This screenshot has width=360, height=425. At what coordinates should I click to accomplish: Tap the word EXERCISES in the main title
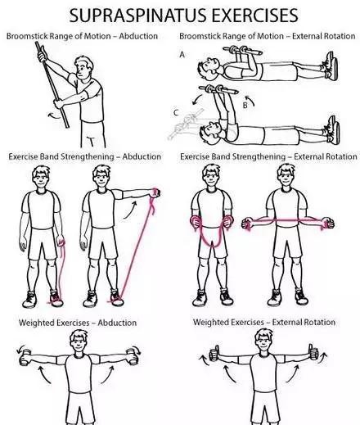255,16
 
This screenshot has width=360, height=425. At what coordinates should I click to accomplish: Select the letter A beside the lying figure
182,55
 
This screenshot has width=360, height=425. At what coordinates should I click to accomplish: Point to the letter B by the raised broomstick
245,106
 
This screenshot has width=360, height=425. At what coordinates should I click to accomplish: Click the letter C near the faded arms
177,113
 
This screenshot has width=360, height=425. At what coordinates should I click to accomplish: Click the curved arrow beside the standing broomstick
54,115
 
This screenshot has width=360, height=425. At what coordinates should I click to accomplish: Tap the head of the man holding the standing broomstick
83,67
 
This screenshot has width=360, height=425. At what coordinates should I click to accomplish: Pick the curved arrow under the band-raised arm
130,210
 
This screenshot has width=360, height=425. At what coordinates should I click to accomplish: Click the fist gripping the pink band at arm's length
155,192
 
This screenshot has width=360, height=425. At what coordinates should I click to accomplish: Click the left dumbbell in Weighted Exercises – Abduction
25,357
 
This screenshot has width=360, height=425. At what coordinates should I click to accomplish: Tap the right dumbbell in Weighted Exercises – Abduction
133,356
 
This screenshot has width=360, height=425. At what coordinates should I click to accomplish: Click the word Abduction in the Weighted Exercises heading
117,323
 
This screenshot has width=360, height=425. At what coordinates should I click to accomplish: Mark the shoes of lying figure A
331,66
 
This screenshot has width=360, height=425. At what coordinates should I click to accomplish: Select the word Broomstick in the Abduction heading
24,36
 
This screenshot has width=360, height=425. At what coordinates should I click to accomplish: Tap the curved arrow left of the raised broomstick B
197,99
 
